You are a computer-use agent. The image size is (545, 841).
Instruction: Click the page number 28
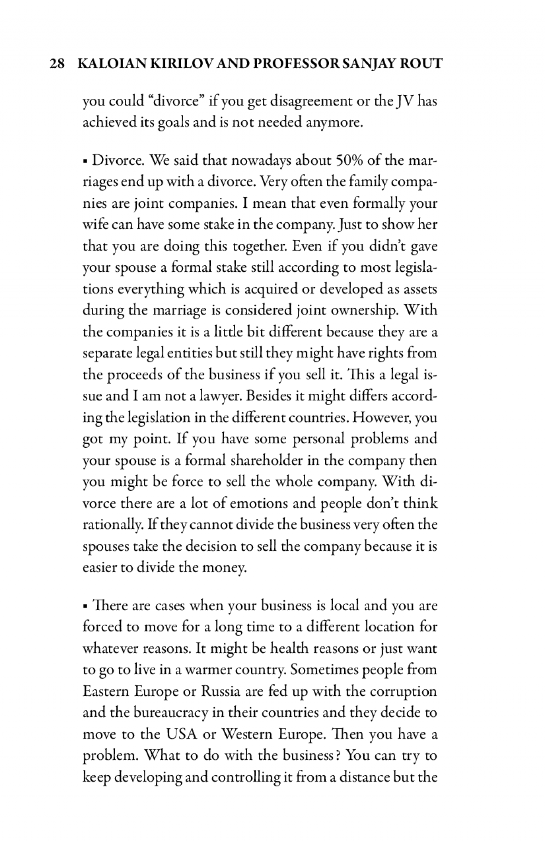click(56, 64)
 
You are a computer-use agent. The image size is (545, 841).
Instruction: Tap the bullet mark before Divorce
click(85, 161)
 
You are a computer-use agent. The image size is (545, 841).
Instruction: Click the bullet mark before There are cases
click(85, 606)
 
